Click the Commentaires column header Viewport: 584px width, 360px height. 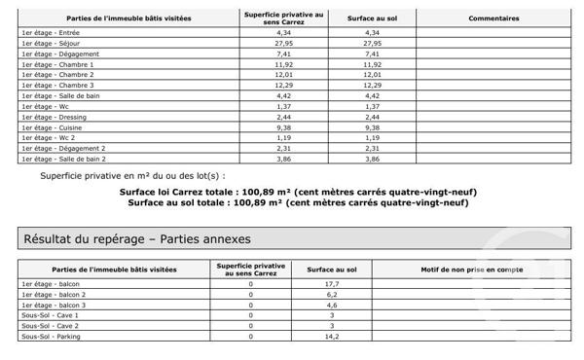[493, 18]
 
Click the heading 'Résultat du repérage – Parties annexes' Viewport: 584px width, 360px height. [136, 238]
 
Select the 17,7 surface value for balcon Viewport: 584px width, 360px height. [331, 283]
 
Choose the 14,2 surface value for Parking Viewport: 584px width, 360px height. [331, 337]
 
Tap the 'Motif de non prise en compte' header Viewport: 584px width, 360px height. [474, 268]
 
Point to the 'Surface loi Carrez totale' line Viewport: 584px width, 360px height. [298, 193]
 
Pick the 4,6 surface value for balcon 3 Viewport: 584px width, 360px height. [331, 305]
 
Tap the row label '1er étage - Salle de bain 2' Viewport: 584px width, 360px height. [63, 158]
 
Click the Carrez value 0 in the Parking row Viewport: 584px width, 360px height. [251, 337]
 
